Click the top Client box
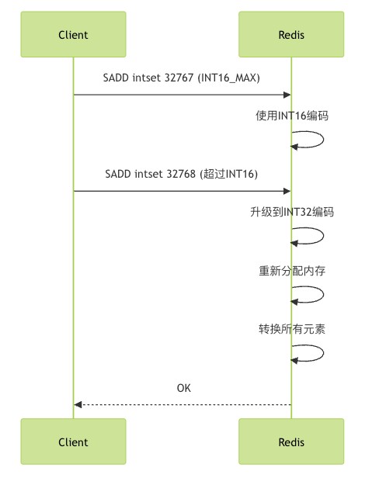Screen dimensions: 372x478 [x=73, y=34]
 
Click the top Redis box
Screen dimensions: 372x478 [x=291, y=34]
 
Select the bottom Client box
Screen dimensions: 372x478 [x=73, y=442]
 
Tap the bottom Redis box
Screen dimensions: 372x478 [x=291, y=442]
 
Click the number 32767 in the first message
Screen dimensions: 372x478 [x=179, y=78]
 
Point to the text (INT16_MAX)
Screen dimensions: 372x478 [x=229, y=78]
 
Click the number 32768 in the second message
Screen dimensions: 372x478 [x=181, y=174]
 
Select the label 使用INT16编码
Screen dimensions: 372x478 [x=292, y=116]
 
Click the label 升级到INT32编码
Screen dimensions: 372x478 [x=292, y=212]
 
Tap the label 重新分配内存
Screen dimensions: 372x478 [x=292, y=271]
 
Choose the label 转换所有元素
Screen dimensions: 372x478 [x=292, y=329]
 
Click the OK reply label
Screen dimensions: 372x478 [x=184, y=388]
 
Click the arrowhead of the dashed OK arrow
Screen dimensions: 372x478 [x=78, y=405]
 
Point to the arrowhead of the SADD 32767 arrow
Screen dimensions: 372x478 [x=287, y=95]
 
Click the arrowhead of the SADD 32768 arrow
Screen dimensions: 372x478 [x=287, y=191]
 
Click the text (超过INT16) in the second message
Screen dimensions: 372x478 [x=229, y=174]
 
